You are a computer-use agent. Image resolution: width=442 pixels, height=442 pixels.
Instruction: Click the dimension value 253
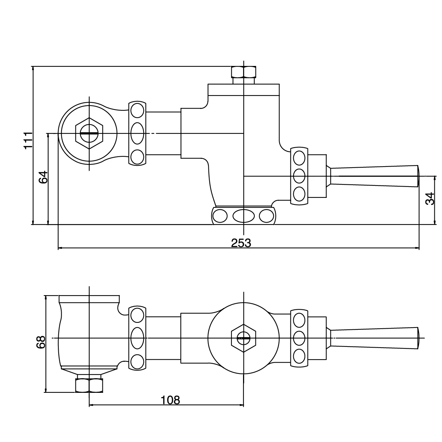click(241, 243)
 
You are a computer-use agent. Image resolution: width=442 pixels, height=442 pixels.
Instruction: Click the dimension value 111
click(28, 140)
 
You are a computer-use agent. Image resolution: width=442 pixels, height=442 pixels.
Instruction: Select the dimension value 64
click(43, 177)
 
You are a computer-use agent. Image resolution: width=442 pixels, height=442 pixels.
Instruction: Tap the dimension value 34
click(430, 199)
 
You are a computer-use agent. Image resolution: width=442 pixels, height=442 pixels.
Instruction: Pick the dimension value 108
click(171, 400)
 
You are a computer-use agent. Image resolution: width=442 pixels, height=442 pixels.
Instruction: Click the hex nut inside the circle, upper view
click(90, 133)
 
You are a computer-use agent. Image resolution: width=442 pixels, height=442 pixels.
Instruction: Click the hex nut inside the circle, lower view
click(243, 338)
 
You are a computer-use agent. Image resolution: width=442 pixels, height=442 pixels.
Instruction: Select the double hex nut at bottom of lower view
click(89, 385)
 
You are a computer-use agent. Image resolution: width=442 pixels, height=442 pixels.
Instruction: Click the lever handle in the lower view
click(375, 338)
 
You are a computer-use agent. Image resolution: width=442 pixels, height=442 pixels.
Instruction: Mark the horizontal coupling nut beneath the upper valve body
click(243, 216)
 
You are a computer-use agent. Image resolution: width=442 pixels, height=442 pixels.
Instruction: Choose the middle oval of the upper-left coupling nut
click(137, 133)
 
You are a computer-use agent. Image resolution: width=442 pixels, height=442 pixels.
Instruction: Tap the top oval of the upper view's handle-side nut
click(299, 159)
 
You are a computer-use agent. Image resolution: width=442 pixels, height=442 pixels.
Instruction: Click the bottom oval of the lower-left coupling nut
click(137, 361)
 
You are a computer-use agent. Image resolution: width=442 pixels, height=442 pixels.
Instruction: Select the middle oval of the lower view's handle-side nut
click(299, 338)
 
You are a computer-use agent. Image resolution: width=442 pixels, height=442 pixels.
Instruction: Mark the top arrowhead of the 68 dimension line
click(46, 297)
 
